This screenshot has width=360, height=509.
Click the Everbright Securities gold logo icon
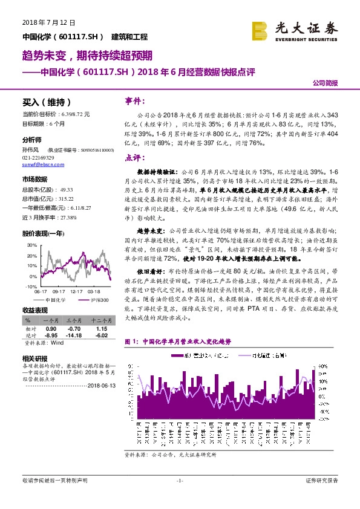pos(261,28)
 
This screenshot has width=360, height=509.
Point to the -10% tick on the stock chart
pos(30,285)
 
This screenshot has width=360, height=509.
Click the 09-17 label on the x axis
pos(59,290)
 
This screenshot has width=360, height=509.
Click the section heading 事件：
pos(134,100)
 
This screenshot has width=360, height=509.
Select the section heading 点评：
pos(134,157)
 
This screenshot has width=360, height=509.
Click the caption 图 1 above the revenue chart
pos(131,342)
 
